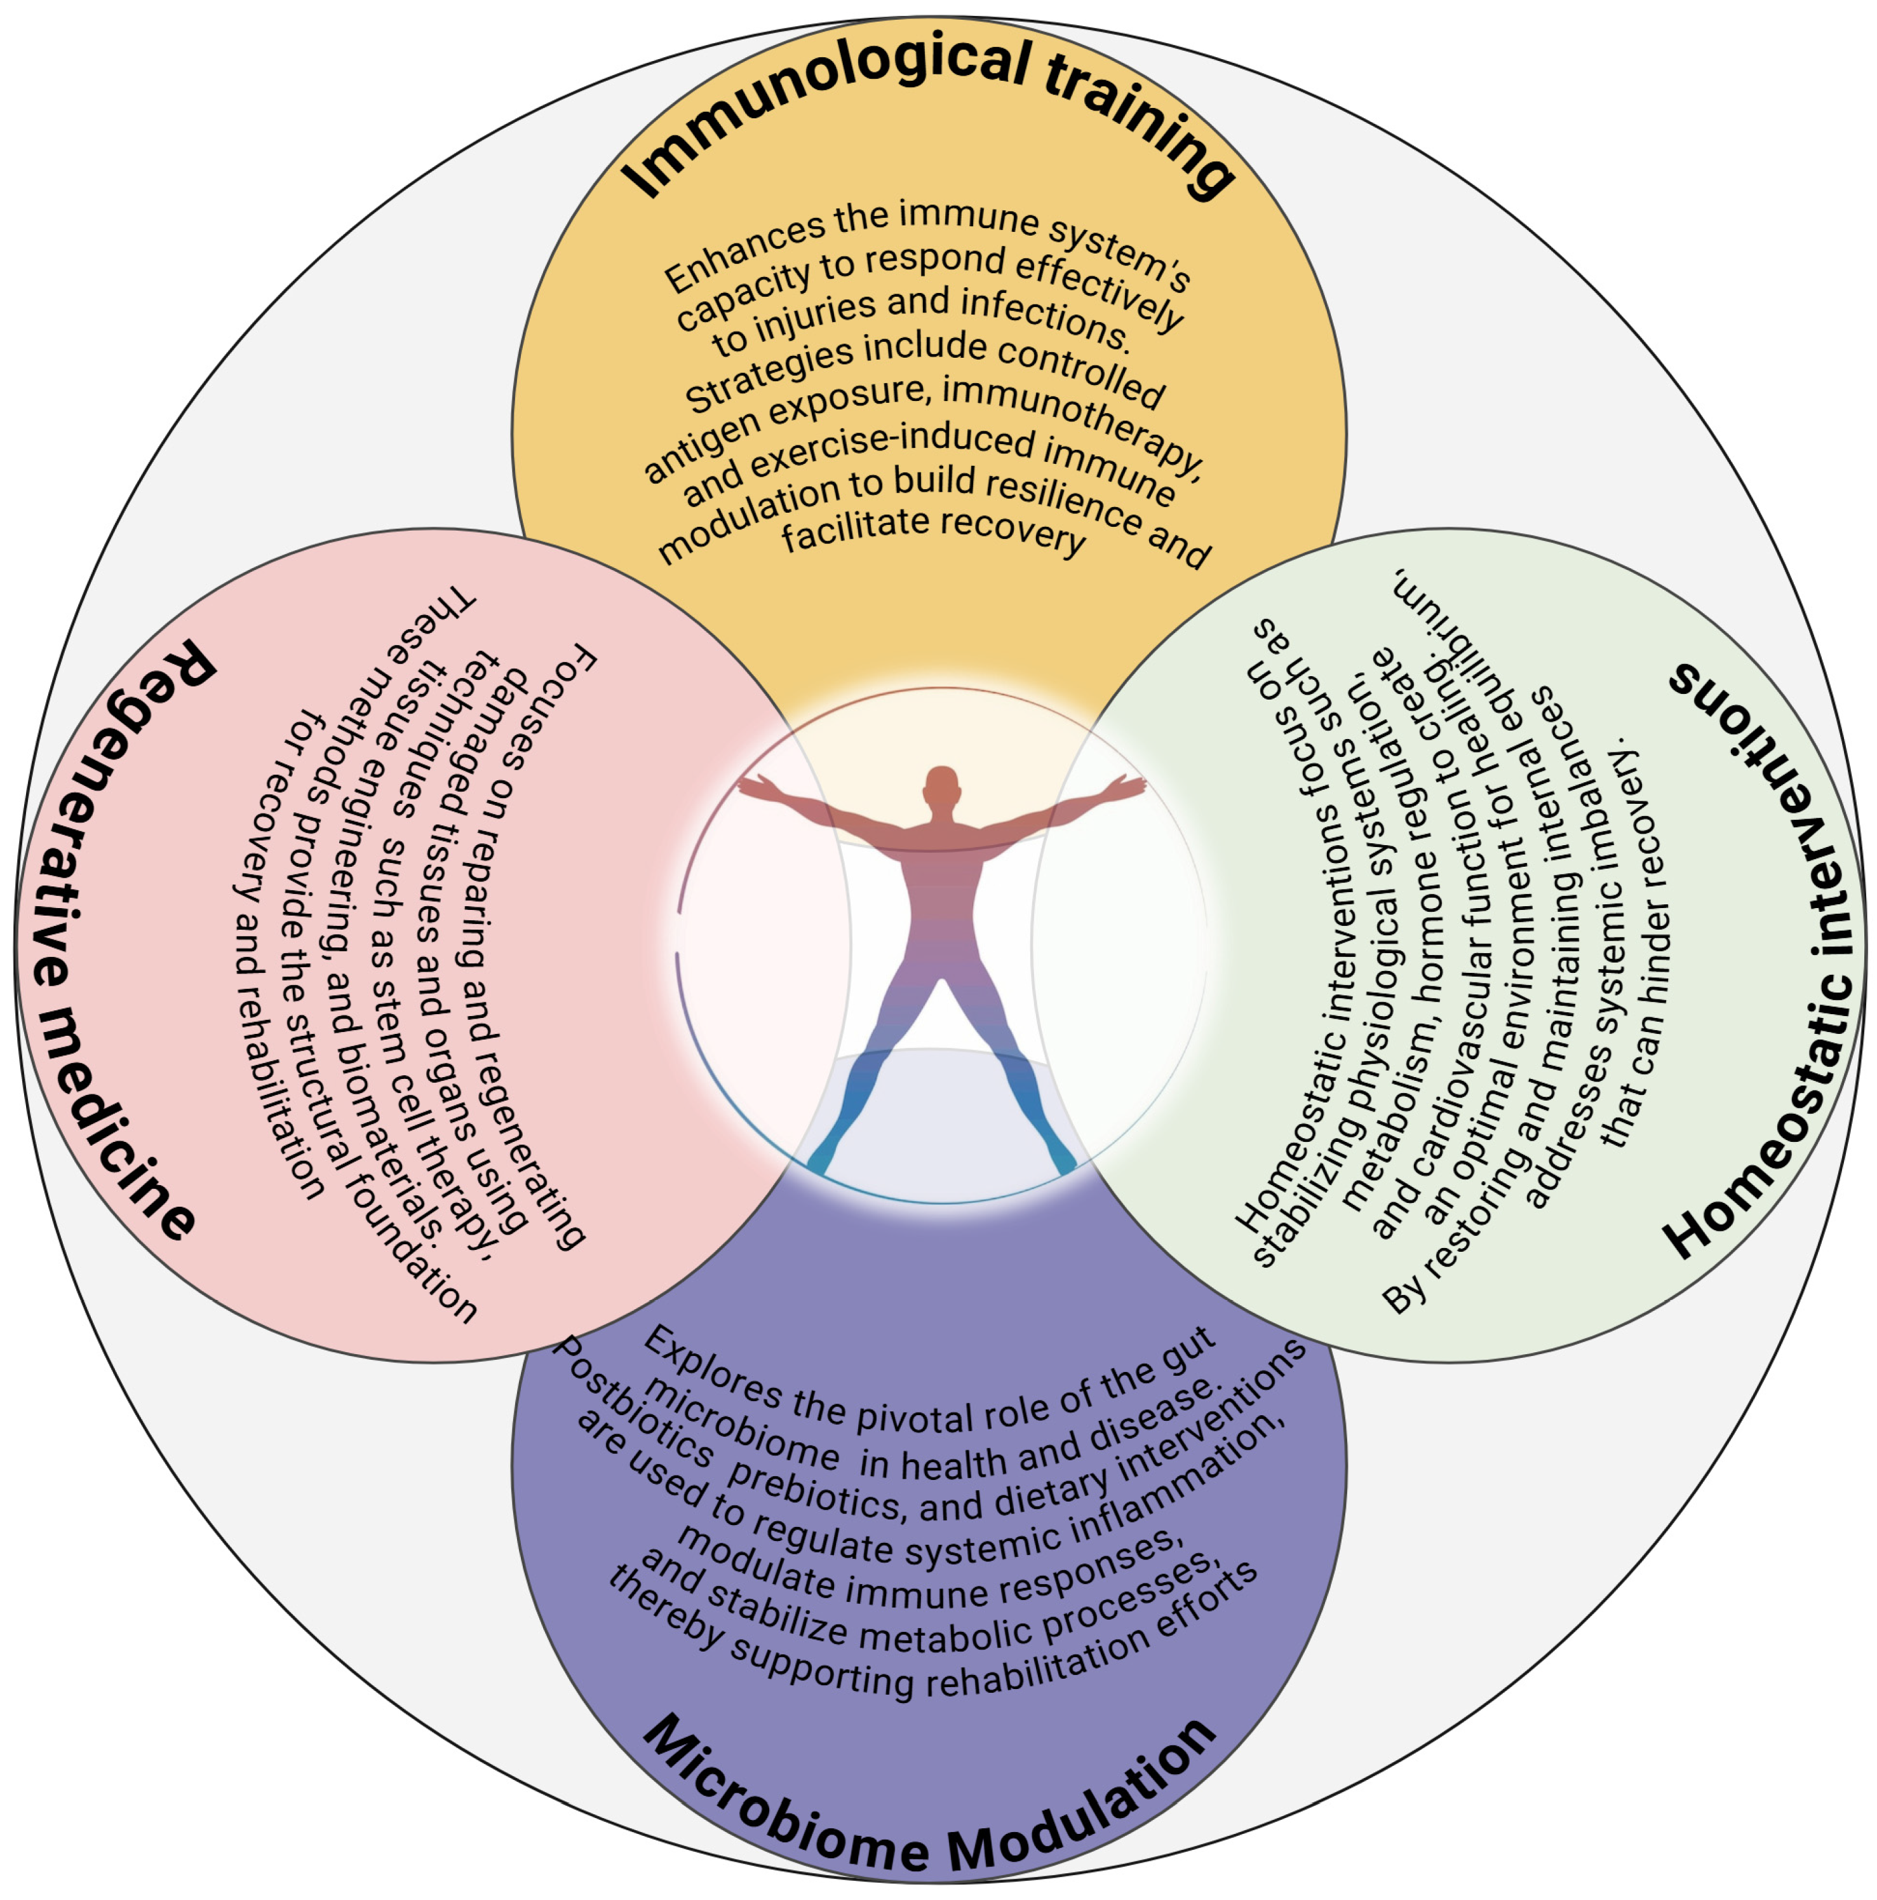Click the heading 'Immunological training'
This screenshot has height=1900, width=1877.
click(x=929, y=108)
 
